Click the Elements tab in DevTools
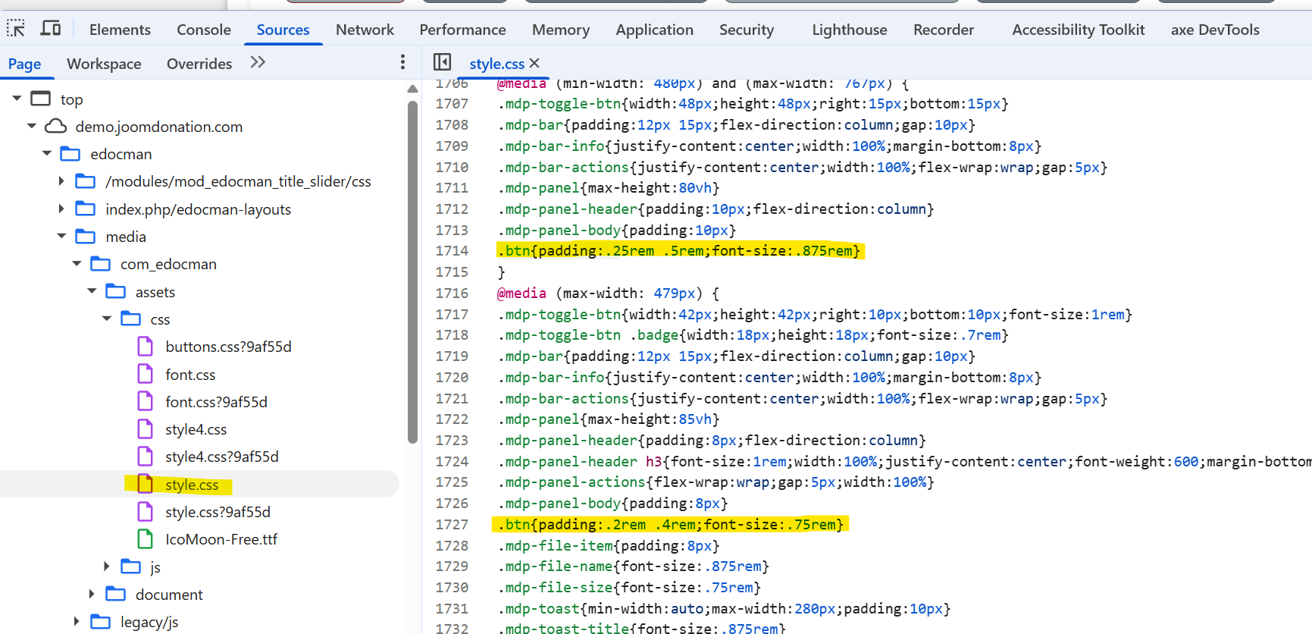[120, 30]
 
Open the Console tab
[204, 30]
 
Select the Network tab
[365, 30]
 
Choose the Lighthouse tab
[850, 30]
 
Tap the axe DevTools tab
[1215, 30]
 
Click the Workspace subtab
[104, 64]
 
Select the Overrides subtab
[199, 64]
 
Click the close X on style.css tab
[534, 63]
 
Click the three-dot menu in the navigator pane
[402, 62]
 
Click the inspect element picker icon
[16, 29]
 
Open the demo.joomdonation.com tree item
[158, 127]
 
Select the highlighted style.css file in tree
[192, 485]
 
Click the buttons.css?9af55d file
[228, 347]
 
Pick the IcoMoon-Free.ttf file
[221, 539]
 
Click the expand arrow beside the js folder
[106, 567]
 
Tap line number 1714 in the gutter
[452, 251]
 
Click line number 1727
[452, 525]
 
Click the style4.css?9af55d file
[222, 457]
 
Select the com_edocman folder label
[168, 264]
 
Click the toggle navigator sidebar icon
[442, 62]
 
